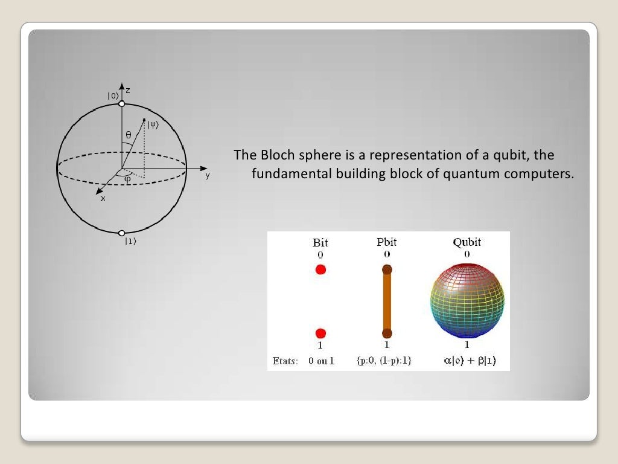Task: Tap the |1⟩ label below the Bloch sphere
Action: click(x=130, y=242)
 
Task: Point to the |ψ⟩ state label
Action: click(x=153, y=126)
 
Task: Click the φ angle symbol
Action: click(x=127, y=179)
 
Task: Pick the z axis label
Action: click(x=128, y=90)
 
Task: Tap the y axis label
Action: click(x=207, y=175)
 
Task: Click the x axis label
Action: click(x=103, y=198)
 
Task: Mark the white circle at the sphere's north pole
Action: click(x=122, y=104)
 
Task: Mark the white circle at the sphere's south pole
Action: click(x=122, y=233)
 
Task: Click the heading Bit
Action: click(x=320, y=243)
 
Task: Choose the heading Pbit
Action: click(x=387, y=243)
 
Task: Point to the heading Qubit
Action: click(x=467, y=243)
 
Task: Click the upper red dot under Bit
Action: click(x=320, y=269)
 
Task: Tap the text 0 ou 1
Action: click(x=321, y=361)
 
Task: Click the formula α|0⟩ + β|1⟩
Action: click(x=467, y=361)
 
